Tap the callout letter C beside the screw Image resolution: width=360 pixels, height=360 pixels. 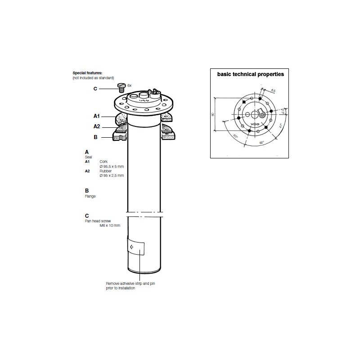95,88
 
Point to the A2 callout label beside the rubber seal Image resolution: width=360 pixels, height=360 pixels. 96,126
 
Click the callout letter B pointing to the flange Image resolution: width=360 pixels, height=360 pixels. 95,137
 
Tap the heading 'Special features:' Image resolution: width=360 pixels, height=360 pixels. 87,72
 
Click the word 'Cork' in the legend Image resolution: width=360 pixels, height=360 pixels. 103,161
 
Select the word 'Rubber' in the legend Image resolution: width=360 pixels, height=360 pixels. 106,171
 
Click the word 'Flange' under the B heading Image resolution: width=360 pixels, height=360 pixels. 90,196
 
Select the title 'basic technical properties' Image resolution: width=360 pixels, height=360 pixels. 251,74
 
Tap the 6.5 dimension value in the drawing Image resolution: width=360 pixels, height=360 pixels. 273,90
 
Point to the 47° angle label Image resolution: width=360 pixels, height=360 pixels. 280,126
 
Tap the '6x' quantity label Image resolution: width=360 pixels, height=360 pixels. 130,85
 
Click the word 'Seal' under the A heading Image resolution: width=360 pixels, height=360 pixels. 89,157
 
